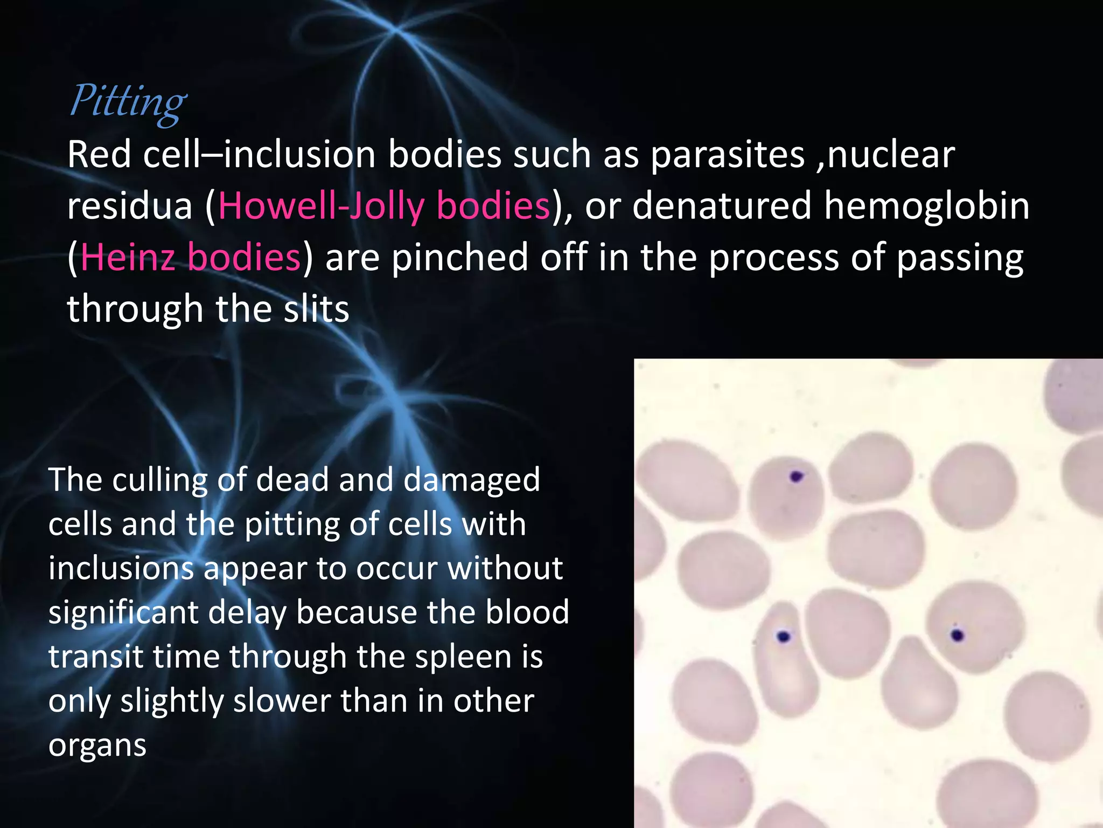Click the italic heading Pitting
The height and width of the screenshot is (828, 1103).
click(128, 101)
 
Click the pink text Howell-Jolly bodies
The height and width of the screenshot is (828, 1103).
click(384, 206)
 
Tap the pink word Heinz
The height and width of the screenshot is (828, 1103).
click(128, 257)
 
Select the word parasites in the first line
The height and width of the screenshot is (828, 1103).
click(727, 155)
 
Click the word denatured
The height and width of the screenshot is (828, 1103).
click(721, 206)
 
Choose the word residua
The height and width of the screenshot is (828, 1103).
click(129, 206)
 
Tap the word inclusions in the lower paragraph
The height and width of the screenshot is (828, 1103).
click(121, 568)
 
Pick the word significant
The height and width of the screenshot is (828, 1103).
click(123, 612)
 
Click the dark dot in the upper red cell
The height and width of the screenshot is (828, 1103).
click(796, 477)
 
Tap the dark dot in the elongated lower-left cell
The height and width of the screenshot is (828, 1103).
click(784, 637)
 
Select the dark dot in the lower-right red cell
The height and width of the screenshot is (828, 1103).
click(957, 636)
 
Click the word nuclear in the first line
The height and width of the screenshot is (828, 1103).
click(891, 155)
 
